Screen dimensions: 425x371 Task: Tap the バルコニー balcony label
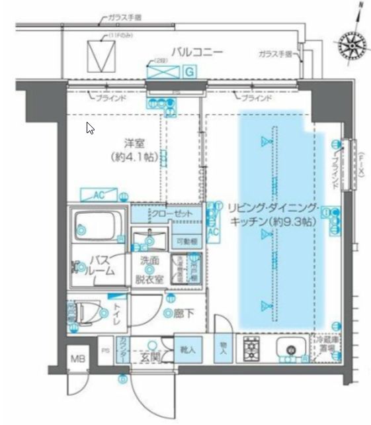coord(196,52)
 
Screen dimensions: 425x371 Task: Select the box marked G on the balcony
coord(188,70)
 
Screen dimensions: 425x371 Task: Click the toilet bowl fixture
coord(89,312)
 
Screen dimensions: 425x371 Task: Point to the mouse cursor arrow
coord(90,128)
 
